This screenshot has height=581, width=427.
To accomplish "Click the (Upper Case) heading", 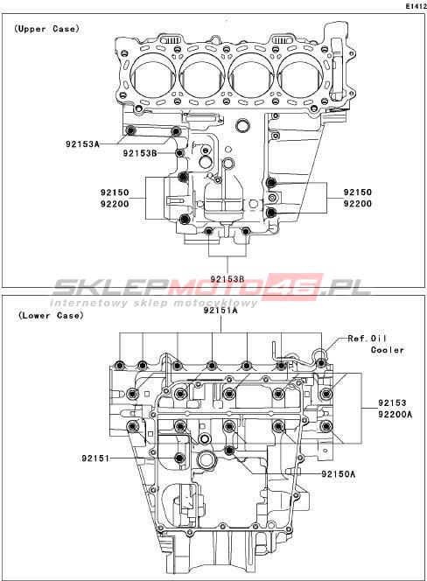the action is tap(46, 29).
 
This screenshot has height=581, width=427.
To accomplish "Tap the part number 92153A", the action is tap(82, 143).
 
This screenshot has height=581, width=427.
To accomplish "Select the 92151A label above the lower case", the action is tap(220, 311).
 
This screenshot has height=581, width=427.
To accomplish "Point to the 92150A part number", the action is tap(339, 474).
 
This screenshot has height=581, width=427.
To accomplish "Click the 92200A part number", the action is tap(395, 414).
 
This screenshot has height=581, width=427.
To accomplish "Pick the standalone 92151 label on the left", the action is tap(95, 458).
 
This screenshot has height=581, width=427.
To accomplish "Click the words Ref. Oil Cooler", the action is tap(376, 344).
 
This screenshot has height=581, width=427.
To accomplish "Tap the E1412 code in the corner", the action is tap(416, 6).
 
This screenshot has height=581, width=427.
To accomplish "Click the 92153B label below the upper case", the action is tap(227, 278).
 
